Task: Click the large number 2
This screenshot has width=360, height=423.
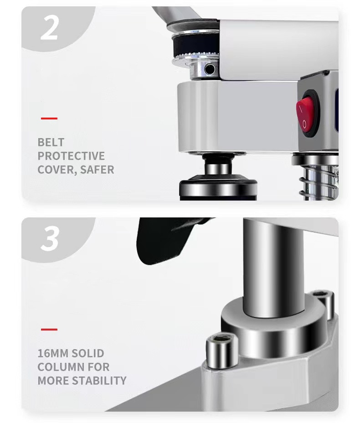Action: coord(49,27)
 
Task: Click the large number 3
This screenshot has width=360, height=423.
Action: coord(50,238)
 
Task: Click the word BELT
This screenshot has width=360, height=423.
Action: coord(51,142)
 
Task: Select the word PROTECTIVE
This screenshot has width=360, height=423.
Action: coord(71,156)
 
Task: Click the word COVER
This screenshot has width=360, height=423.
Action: coord(57,170)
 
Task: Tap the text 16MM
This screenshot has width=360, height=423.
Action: coord(51,353)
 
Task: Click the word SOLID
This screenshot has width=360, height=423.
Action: coord(88,353)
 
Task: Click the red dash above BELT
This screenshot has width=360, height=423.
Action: coord(49,118)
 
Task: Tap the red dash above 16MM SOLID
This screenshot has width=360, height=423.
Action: coord(49,330)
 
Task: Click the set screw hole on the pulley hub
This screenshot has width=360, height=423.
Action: coord(209,69)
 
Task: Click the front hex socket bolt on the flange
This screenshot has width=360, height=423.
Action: coord(221,350)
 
